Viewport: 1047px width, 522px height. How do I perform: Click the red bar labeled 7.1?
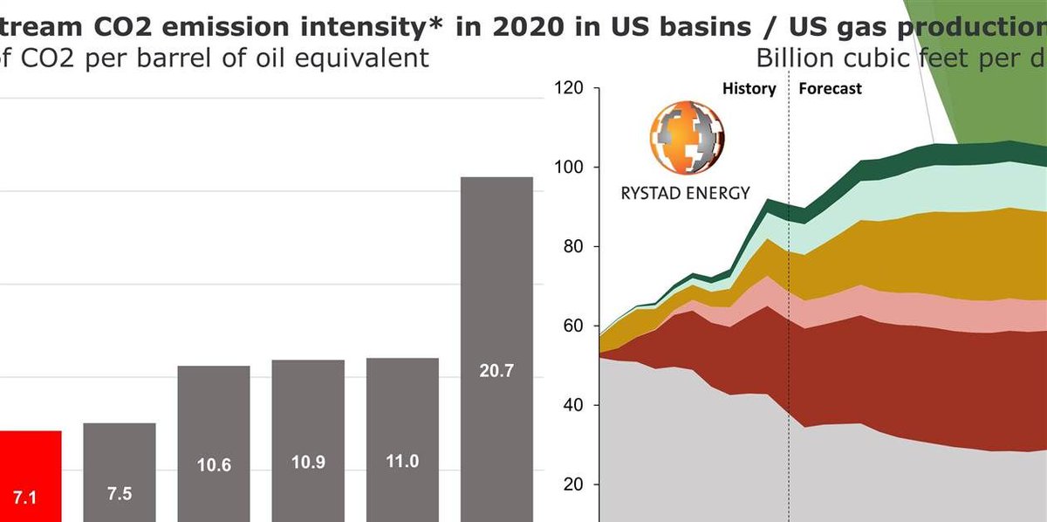[30, 476]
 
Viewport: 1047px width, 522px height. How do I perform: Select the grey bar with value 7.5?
[120, 471]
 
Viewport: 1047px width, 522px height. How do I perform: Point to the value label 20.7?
[496, 371]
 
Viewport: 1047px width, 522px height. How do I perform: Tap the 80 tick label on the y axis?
[572, 247]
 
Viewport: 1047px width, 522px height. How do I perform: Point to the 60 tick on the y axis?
[572, 326]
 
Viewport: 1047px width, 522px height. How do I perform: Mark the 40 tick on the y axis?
[572, 406]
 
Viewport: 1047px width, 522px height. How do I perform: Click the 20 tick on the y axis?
[572, 485]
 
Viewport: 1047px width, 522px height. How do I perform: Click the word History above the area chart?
[749, 88]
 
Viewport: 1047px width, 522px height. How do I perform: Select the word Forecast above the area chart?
[830, 88]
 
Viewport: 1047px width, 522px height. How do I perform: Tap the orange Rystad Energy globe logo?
[686, 138]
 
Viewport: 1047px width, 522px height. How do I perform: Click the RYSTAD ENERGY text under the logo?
[685, 193]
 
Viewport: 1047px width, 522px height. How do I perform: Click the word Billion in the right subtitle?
[794, 58]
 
